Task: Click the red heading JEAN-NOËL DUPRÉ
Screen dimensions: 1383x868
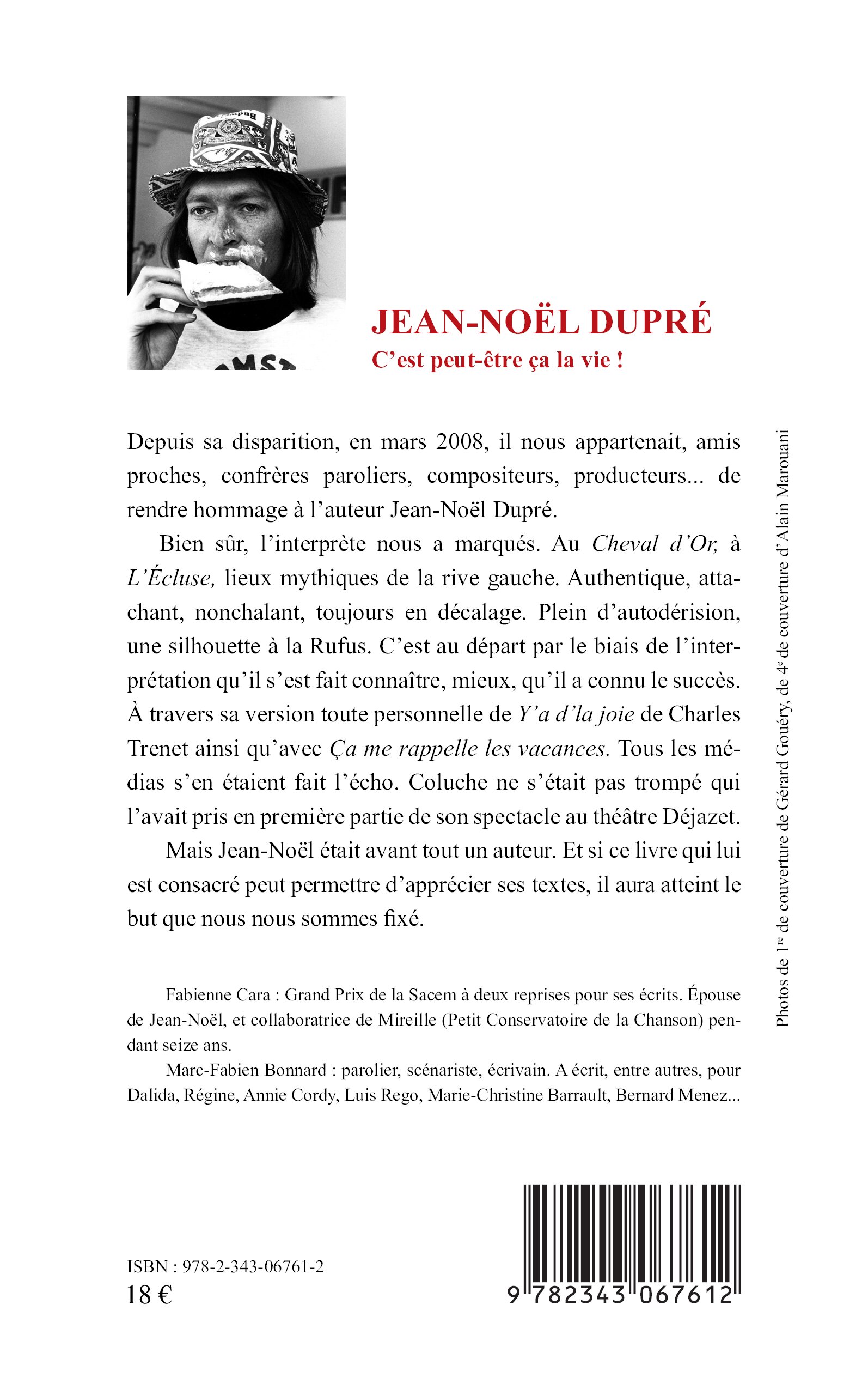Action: tap(541, 322)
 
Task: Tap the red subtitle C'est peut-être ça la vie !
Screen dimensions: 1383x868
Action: tap(497, 360)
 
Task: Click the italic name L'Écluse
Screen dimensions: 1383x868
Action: tap(171, 578)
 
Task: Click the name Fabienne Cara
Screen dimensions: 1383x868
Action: tap(218, 995)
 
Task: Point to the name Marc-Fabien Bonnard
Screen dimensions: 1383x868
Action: tap(246, 1071)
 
